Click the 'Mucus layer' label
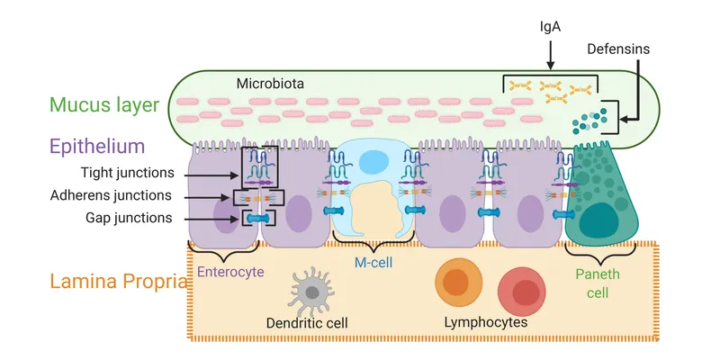tap(103, 104)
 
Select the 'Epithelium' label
tap(98, 146)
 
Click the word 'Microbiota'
tap(270, 84)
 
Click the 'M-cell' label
tap(372, 261)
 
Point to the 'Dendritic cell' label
tap(308, 322)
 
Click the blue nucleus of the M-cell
tap(372, 162)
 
